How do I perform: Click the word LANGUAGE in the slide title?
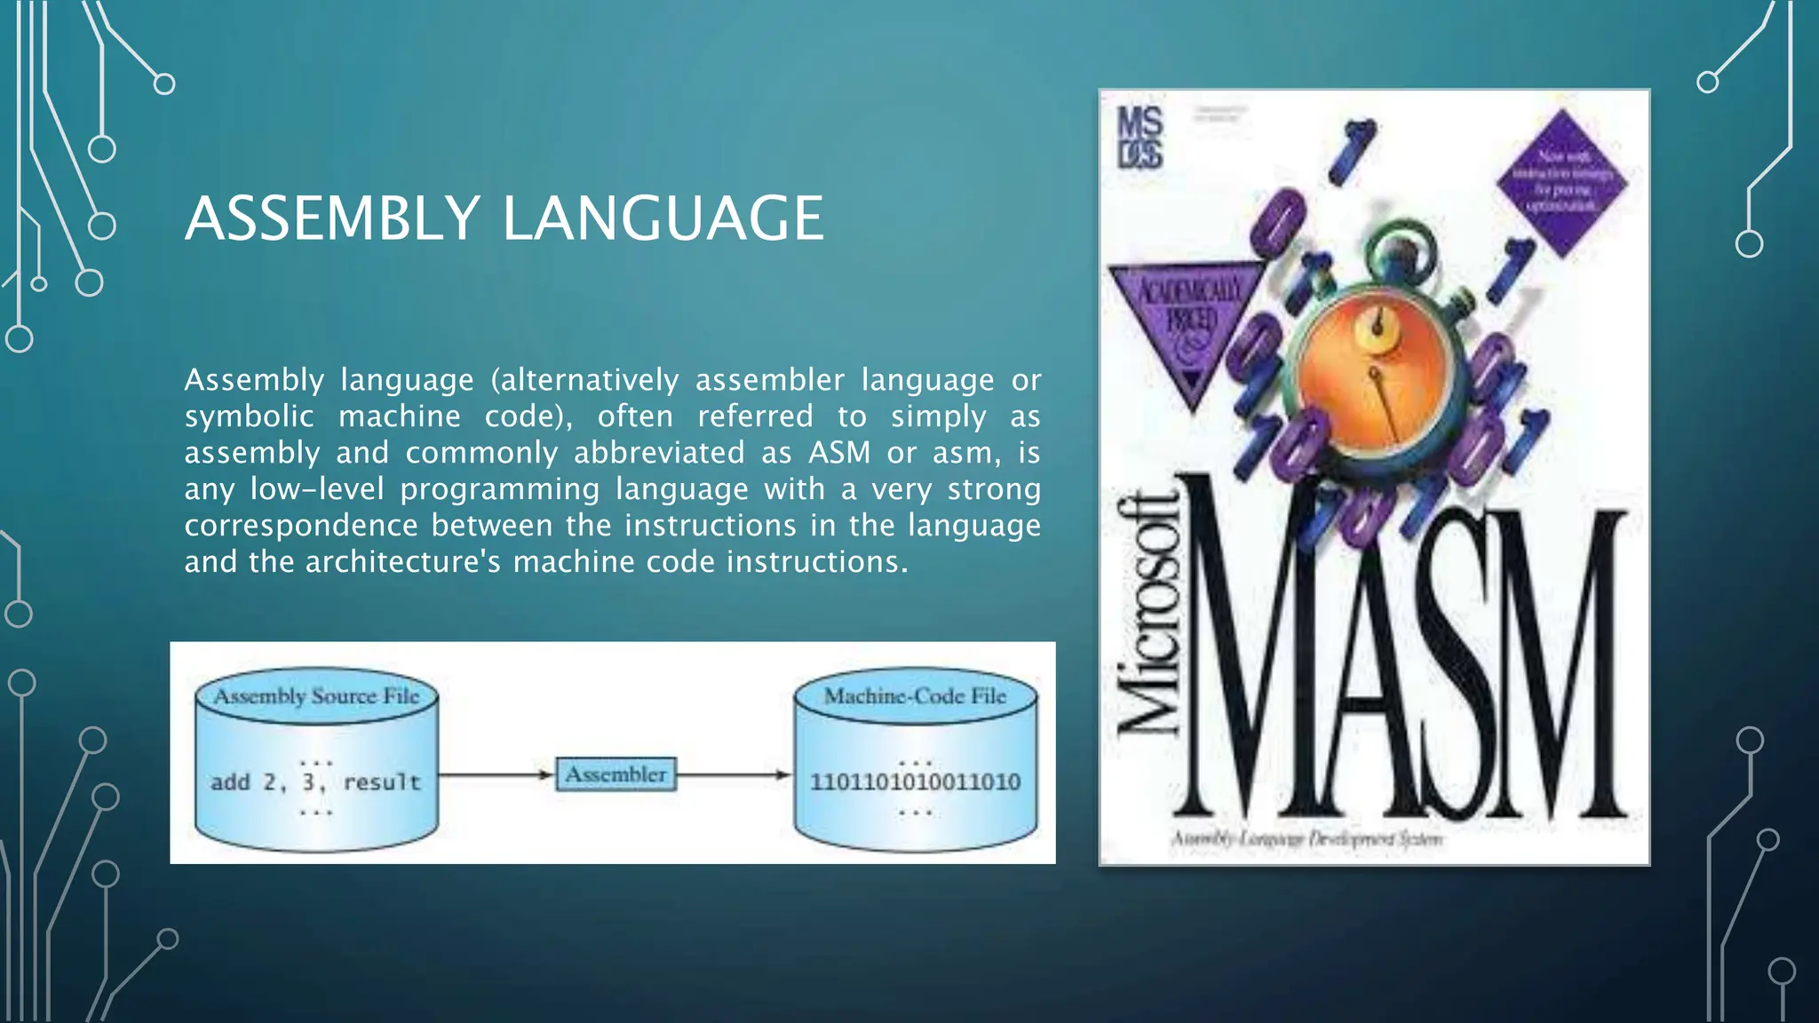coord(663,218)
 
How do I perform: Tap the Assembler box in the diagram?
coord(616,774)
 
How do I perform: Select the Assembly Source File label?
coord(316,696)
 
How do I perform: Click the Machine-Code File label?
coord(915,696)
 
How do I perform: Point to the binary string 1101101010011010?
coord(915,782)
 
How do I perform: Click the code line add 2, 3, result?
coord(315,782)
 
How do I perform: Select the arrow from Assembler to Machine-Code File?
coord(733,774)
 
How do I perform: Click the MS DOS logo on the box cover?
coord(1140,138)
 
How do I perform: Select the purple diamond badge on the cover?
coord(1561,183)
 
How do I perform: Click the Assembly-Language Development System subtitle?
coord(1306,838)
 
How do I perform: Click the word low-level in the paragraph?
coord(316,489)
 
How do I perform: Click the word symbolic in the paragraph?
coord(249,416)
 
